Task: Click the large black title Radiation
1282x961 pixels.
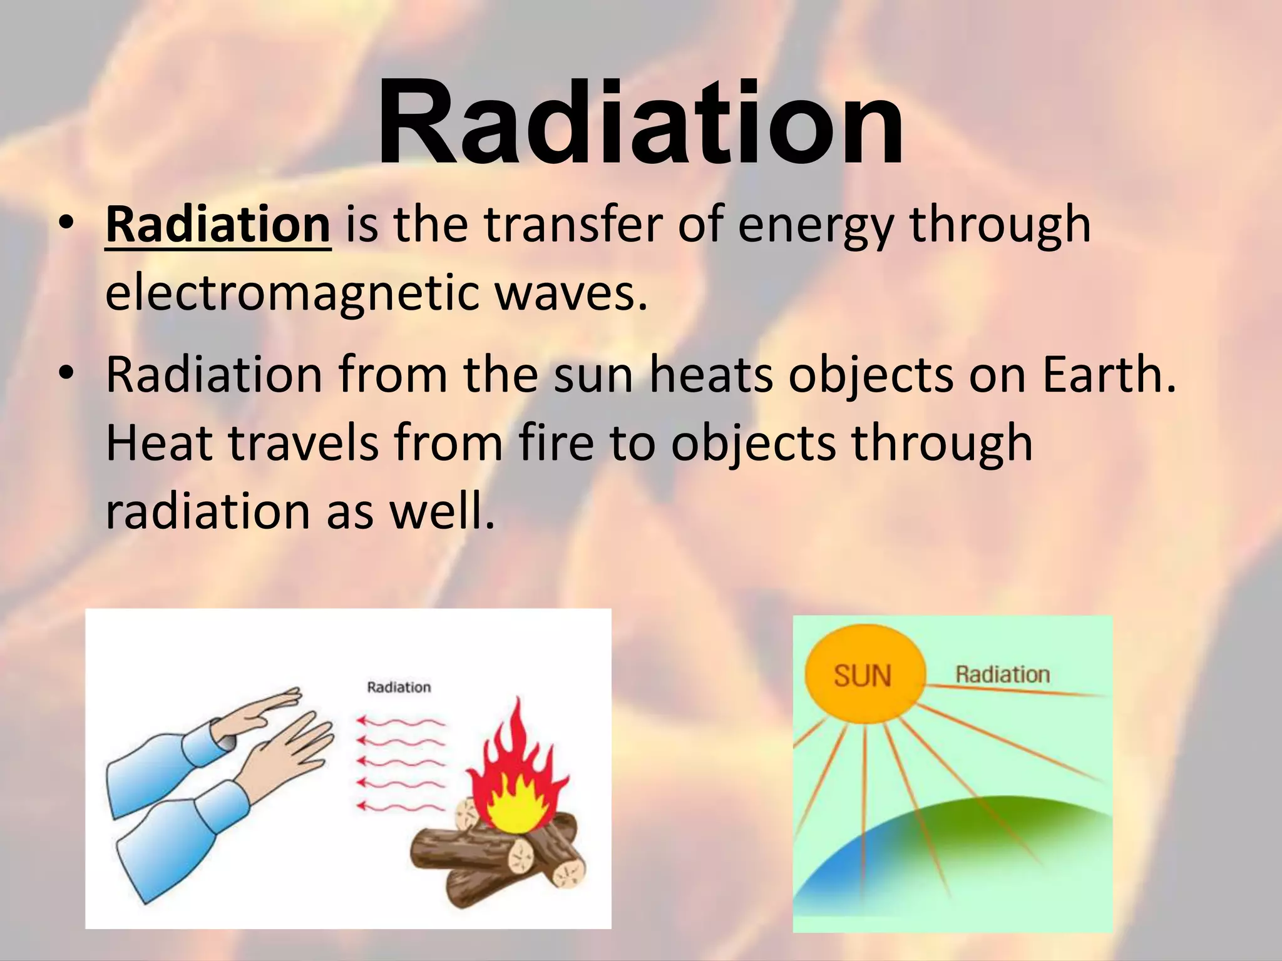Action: pos(640,122)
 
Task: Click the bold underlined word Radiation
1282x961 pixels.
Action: pos(218,225)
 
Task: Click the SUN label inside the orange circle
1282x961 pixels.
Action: pos(863,676)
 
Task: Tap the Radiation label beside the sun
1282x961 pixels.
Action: pos(1002,674)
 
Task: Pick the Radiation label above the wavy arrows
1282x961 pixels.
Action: pos(399,688)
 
